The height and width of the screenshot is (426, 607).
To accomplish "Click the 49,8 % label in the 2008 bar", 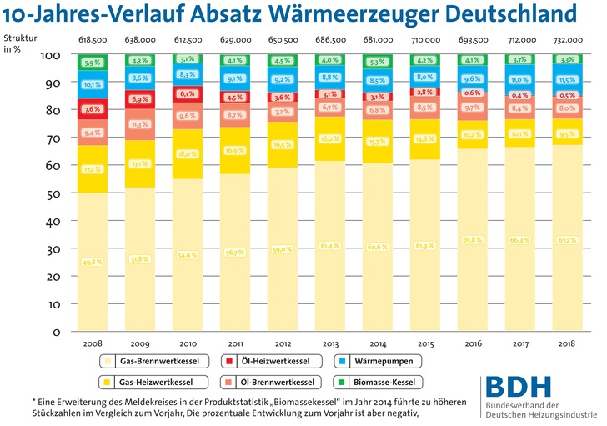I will [92, 262].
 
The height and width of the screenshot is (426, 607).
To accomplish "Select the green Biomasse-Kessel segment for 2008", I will [92, 62].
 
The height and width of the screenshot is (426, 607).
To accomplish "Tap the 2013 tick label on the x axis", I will [331, 343].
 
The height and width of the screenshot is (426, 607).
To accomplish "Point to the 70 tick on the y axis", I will [53, 138].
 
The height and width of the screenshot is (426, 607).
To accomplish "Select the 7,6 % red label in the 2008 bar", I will [92, 109].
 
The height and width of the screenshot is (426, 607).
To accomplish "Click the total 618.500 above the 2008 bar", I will [92, 39].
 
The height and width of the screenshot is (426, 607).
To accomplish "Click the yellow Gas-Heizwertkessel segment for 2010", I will [188, 154].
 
